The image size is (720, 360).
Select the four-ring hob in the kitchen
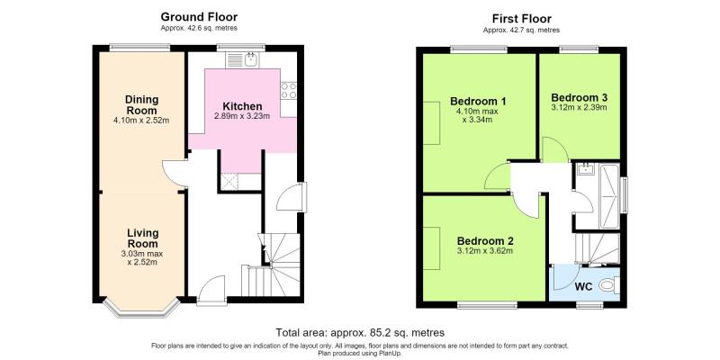(289, 91)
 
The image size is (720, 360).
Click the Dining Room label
(142, 104)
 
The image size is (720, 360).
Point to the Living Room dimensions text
(142, 258)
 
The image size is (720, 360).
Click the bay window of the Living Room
(141, 308)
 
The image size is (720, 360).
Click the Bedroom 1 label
(473, 101)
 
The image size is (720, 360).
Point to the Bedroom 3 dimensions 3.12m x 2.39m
(579, 108)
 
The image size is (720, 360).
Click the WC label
(583, 286)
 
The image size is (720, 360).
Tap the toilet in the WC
(610, 285)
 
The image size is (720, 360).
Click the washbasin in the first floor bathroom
(586, 168)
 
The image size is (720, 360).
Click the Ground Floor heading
(199, 17)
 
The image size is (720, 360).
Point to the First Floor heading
(522, 19)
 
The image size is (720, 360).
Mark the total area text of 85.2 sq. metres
(360, 332)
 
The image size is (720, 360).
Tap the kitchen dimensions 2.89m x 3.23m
(242, 116)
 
